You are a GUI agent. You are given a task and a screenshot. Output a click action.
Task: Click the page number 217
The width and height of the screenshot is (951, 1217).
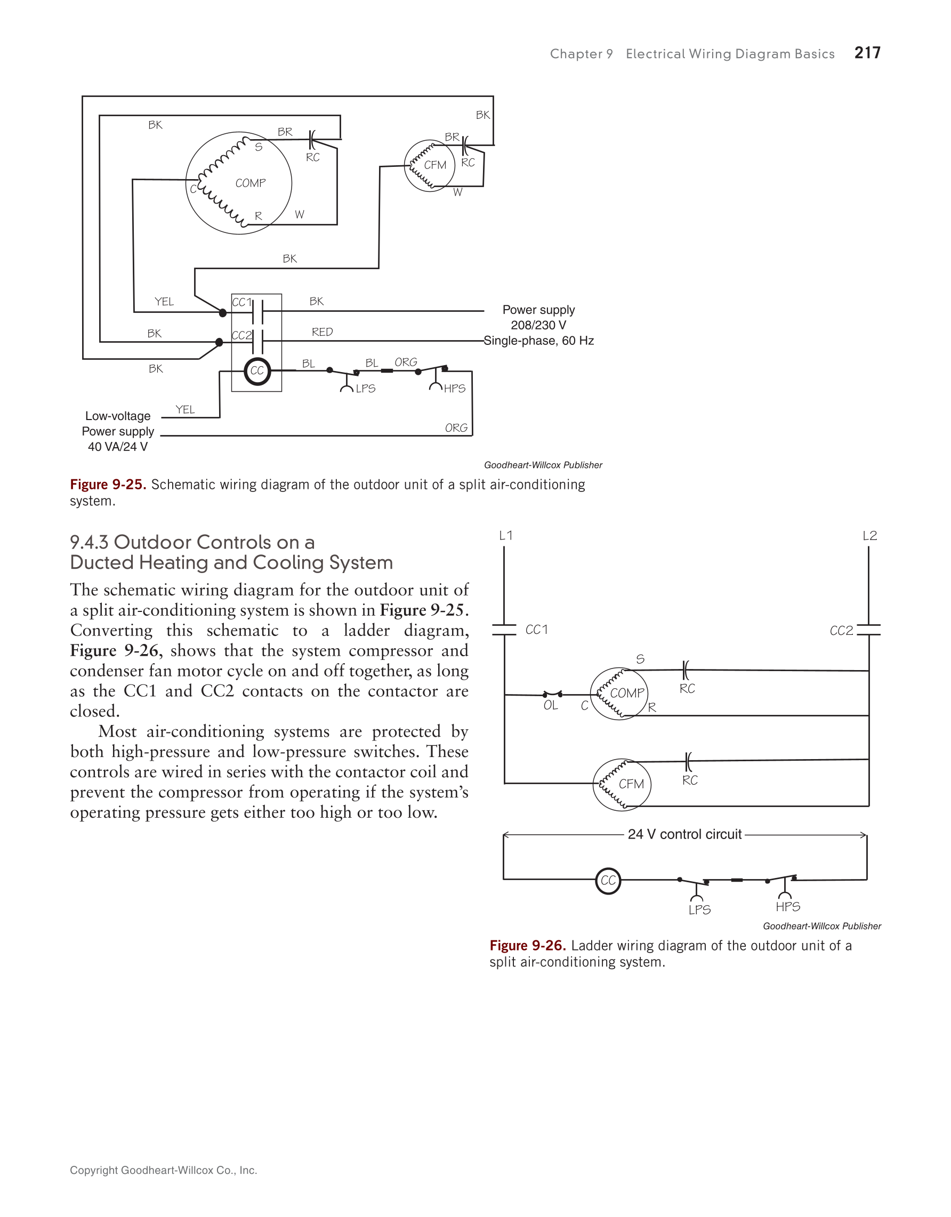click(x=867, y=53)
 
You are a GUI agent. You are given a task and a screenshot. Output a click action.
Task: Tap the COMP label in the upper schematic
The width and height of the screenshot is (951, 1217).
click(x=250, y=183)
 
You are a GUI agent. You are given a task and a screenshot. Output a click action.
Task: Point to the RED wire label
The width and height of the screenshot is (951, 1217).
click(x=322, y=332)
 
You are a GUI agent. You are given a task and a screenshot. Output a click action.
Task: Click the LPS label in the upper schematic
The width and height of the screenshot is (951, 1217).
click(x=366, y=389)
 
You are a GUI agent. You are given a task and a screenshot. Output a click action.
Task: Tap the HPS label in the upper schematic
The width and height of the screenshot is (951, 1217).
click(x=455, y=389)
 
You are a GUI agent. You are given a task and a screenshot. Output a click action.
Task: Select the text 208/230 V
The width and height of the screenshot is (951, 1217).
click(x=539, y=325)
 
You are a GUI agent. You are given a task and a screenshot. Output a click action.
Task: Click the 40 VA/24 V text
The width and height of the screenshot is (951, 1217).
click(x=118, y=447)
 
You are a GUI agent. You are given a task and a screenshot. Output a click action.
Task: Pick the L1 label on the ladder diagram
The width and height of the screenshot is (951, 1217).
click(x=506, y=536)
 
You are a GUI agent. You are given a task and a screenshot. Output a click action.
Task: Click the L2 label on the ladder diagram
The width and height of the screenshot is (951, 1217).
click(x=869, y=536)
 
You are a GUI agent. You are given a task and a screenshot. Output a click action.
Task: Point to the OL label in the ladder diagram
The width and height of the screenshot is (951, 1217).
click(x=551, y=705)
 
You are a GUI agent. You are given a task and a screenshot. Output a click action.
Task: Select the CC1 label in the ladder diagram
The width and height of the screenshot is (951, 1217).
click(x=536, y=630)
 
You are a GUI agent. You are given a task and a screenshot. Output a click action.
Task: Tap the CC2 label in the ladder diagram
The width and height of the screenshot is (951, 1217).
click(x=841, y=631)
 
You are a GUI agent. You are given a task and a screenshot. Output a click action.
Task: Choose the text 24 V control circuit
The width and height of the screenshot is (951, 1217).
click(x=684, y=834)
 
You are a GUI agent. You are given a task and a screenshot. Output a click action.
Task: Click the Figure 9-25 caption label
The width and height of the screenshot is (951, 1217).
click(x=108, y=485)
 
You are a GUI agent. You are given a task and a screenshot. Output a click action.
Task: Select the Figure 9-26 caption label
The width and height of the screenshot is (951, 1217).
click(x=528, y=946)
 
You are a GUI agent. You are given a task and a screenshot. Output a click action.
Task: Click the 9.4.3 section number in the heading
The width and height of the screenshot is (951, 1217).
click(x=89, y=542)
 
